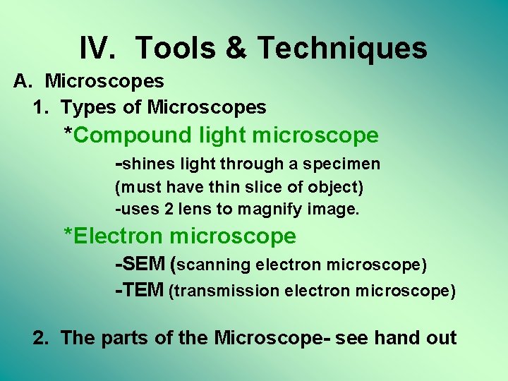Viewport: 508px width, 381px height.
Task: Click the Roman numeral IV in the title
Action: (99, 49)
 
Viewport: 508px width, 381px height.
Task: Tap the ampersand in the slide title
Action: (236, 49)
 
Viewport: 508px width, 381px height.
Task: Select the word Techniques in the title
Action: (342, 49)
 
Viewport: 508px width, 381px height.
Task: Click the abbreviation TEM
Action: (142, 291)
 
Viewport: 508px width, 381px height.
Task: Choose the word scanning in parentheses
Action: (214, 265)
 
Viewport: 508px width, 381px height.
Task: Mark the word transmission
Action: (226, 291)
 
